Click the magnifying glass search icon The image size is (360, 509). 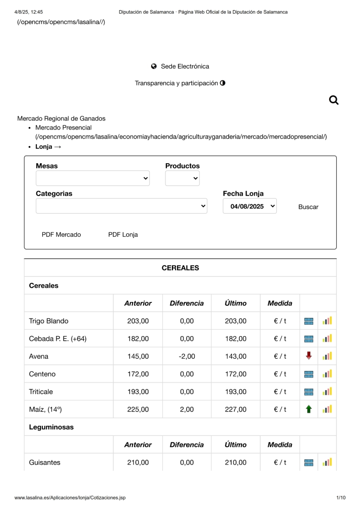[x=333, y=100]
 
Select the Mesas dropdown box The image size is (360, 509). [x=93, y=178]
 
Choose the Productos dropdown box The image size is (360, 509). [x=183, y=178]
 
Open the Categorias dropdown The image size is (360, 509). [x=122, y=206]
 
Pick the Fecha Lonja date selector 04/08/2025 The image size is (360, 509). [x=250, y=206]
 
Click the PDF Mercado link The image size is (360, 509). [x=61, y=235]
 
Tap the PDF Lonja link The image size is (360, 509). [x=123, y=235]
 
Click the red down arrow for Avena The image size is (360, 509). [x=309, y=356]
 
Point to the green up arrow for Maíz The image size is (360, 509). [x=309, y=409]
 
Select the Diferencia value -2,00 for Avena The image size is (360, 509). [x=187, y=356]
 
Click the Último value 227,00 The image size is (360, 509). [x=235, y=409]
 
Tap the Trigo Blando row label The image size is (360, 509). [x=49, y=321]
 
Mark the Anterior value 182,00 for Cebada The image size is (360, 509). [x=138, y=339]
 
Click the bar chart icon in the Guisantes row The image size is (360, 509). [x=327, y=462]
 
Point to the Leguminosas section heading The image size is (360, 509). [x=51, y=427]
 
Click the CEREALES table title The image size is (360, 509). [x=180, y=268]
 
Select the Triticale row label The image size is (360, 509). [x=41, y=392]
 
